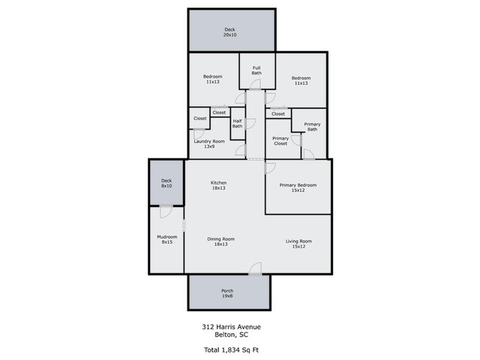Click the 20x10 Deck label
point(230,32)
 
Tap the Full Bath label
point(256,70)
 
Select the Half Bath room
point(237,124)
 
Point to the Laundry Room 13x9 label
point(209,144)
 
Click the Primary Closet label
point(280,141)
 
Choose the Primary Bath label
point(312,127)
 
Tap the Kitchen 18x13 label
point(218,185)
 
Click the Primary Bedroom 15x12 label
point(298,187)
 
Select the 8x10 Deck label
point(166,183)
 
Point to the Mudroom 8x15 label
point(167,239)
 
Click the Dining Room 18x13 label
point(221,241)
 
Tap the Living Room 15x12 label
point(298,244)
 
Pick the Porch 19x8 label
point(227,293)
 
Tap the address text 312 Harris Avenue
point(232,327)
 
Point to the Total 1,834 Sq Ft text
point(232,350)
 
